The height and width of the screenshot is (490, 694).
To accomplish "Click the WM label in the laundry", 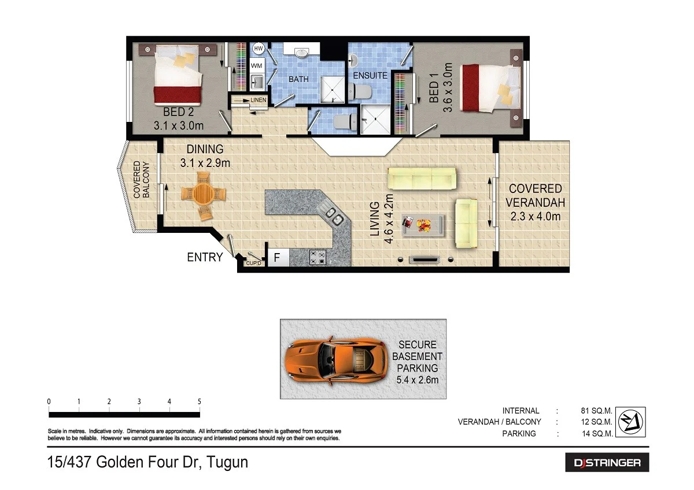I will [x=257, y=65].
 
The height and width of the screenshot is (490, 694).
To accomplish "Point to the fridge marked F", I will [x=277, y=258].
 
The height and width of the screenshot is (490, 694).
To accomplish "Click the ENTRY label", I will [x=205, y=257].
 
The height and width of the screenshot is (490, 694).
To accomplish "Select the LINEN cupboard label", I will [x=258, y=101].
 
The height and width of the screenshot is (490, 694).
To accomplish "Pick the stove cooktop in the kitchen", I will [x=318, y=257].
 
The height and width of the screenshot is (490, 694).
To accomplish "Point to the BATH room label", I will [x=299, y=79].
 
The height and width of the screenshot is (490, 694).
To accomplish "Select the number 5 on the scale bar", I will [x=199, y=402].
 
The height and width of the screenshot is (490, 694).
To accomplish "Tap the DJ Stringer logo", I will [x=607, y=463].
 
